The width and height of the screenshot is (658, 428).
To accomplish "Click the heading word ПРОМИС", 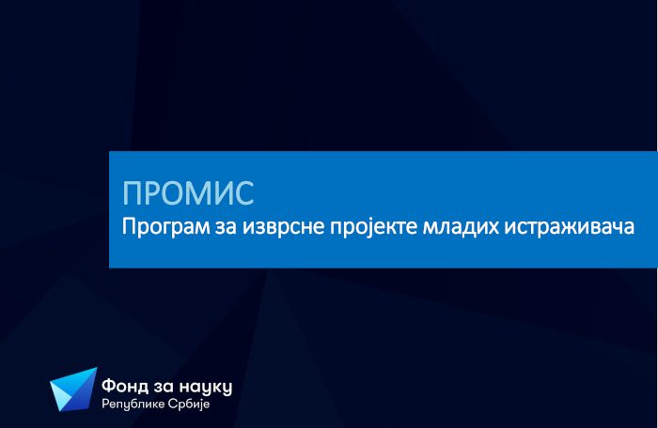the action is click(x=188, y=192).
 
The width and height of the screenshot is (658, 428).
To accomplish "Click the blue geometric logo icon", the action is click(x=73, y=390).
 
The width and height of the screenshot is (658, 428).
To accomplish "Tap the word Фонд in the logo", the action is click(x=125, y=386).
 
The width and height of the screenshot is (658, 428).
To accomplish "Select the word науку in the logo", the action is click(x=206, y=388).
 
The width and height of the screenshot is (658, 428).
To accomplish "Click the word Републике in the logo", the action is click(x=133, y=405).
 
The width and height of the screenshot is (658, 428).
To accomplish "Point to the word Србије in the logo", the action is click(x=188, y=405).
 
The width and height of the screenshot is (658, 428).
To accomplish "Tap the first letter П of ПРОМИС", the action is click(x=132, y=193).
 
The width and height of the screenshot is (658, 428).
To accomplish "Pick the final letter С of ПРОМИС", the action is click(x=244, y=193).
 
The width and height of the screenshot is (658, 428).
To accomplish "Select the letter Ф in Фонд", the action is click(x=109, y=386).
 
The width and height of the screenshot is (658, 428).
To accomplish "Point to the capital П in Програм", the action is click(x=128, y=227).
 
